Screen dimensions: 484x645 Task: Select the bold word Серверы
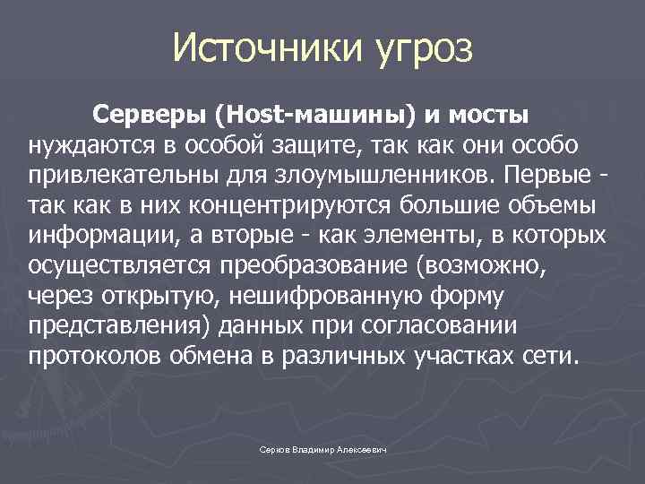pyautogui.click(x=148, y=116)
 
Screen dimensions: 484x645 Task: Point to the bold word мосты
pyautogui.click(x=489, y=116)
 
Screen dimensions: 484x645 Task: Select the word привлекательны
pyautogui.click(x=113, y=175)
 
